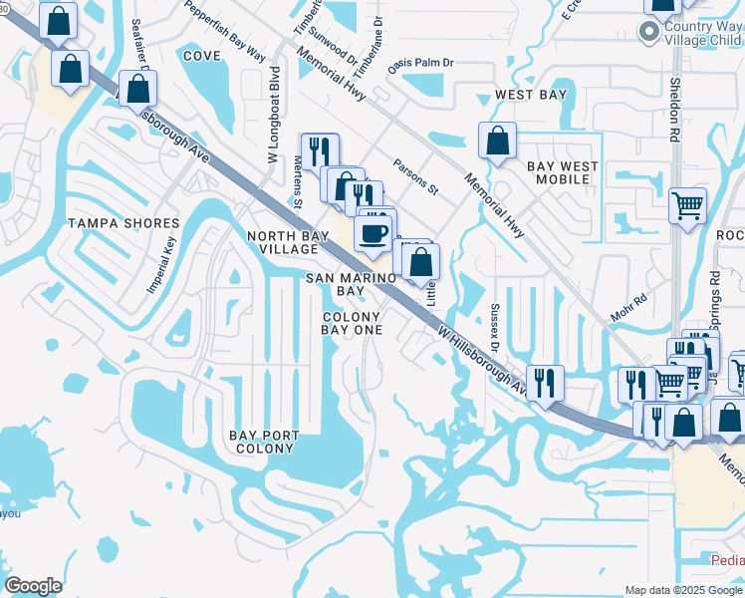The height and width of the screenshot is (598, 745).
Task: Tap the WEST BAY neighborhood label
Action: pos(531,96)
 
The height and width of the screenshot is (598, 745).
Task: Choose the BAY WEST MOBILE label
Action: pos(563,172)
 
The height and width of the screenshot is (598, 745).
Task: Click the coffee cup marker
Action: pos(373,234)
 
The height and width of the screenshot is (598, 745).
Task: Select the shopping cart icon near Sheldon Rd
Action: pos(687,206)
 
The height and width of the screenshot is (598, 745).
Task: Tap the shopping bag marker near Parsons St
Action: pos(497,143)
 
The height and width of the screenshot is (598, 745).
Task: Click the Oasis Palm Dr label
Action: pos(420,62)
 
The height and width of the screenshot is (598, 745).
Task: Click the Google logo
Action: pos(33,586)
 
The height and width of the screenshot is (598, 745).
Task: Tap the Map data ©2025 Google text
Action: pos(682,590)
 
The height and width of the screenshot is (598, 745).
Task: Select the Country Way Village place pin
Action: pos(649,35)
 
